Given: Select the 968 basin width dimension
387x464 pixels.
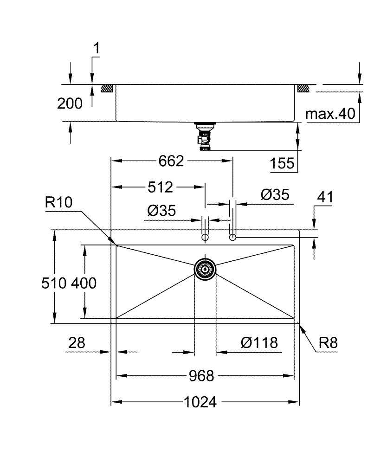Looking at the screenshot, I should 202,376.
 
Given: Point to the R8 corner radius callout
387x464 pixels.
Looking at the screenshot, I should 328,343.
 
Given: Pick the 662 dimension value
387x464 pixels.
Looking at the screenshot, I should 171,161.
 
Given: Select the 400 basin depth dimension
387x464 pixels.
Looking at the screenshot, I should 84,282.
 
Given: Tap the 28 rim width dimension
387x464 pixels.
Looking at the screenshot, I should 77,343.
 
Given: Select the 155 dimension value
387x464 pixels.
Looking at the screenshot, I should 282,163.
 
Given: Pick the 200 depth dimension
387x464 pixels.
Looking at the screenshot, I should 70,103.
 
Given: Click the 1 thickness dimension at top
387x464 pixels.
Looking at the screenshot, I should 97,48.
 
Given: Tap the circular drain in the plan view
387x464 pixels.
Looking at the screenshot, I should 205,269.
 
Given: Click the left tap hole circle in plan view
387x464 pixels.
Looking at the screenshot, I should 205,238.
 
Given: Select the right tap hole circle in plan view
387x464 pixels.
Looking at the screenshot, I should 233,237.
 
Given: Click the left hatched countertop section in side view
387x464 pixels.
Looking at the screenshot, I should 109,88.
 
